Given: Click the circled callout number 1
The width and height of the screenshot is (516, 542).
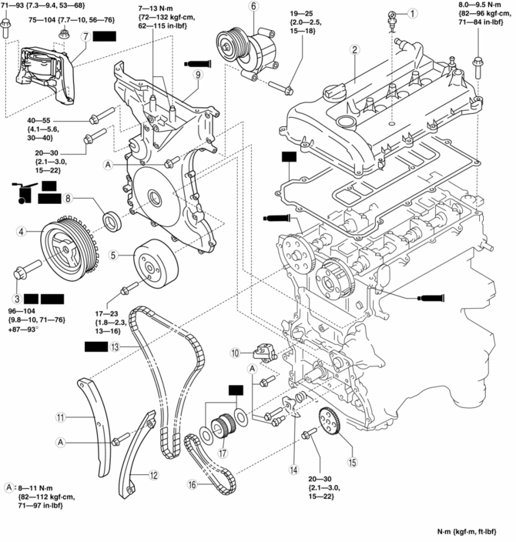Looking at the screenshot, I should click(414, 13).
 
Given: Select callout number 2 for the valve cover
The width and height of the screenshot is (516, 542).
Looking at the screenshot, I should click(355, 51).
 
